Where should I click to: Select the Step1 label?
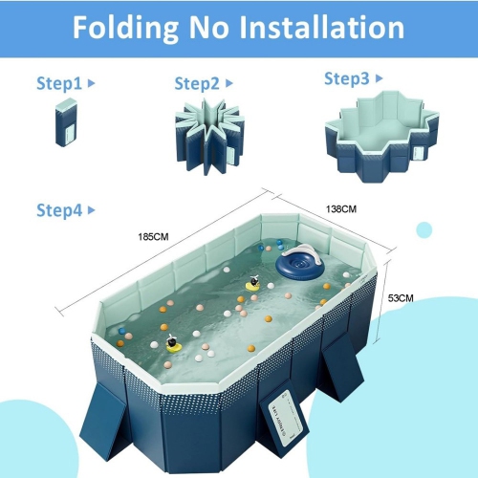tap(59, 83)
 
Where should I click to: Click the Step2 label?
tap(197, 83)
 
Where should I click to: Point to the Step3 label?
tap(346, 78)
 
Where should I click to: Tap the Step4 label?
tap(59, 210)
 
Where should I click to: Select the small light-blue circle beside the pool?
tap(424, 229)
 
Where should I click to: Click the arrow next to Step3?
tap(380, 78)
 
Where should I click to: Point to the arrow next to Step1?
tap(91, 83)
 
